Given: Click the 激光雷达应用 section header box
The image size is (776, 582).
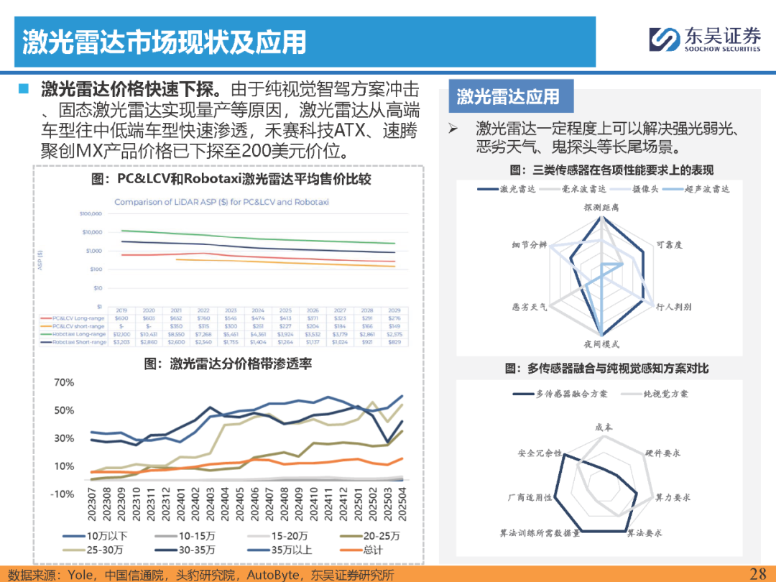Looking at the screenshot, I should pos(508,96).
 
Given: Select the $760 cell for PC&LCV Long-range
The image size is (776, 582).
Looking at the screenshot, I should pos(203,318).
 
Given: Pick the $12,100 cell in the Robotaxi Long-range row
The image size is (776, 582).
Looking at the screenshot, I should pos(121,334).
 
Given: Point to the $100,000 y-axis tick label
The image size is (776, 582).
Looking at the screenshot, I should pos(91,214).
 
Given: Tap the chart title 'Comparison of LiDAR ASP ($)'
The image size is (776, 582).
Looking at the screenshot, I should pos(221,202).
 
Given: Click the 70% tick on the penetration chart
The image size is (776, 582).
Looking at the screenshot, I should pos(65,382).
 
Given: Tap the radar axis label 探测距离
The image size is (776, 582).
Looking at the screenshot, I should pos(600,207).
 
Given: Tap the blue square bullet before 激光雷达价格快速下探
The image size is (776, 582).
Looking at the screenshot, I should pos(24,88).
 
